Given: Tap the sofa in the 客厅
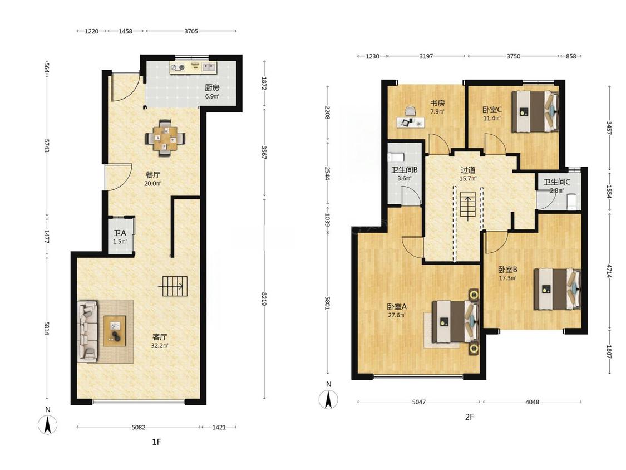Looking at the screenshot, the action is [88, 331].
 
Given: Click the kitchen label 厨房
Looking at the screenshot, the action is [212, 87].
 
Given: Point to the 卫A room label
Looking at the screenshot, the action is [120, 233].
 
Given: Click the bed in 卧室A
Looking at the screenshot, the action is [456, 321].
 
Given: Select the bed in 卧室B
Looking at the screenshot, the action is [558, 289].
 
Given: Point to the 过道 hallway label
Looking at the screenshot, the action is [468, 170].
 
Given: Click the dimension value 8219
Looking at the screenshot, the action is [264, 298].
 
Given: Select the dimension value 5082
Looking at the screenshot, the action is [139, 427].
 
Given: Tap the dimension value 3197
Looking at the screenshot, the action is [426, 56].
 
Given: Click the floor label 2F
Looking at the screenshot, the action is [470, 417].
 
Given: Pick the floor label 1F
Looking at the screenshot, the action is [156, 442].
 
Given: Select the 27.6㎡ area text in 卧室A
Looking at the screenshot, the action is [397, 315].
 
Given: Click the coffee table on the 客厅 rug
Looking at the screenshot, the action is [115, 331].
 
